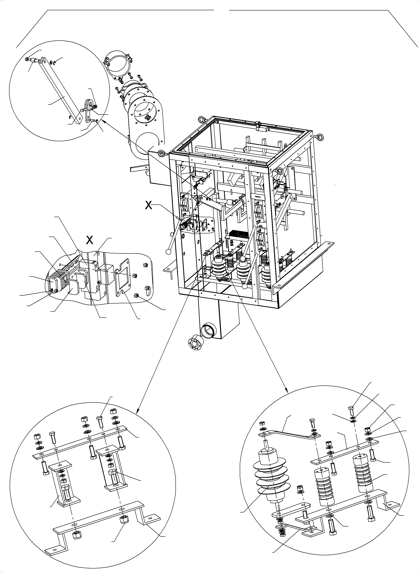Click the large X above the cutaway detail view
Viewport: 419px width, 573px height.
(x=89, y=240)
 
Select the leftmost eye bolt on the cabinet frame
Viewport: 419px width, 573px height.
(x=161, y=153)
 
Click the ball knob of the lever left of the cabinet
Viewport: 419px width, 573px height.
(x=168, y=252)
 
